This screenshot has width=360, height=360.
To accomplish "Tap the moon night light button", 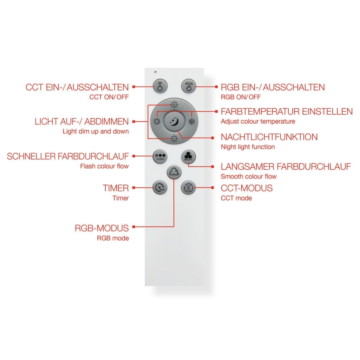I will [x=174, y=121].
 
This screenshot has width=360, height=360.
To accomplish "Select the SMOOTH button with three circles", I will [x=188, y=157].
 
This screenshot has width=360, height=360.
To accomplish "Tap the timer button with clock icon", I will [x=160, y=188].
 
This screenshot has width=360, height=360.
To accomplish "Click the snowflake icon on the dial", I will [x=192, y=122].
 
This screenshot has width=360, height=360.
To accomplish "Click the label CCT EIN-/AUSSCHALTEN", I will [x=77, y=87].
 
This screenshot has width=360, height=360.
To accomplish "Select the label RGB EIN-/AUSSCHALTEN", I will [x=272, y=87].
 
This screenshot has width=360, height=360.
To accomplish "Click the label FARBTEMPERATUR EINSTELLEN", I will [x=287, y=112].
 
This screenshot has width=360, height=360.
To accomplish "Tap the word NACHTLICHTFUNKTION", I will [x=269, y=137].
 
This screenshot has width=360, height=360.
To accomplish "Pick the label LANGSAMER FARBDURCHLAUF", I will [x=286, y=167].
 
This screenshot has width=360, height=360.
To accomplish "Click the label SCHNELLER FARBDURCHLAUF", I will [x=68, y=156].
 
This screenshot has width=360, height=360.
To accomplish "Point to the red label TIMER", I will [x=116, y=188].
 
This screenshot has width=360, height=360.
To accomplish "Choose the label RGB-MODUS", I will [x=102, y=228].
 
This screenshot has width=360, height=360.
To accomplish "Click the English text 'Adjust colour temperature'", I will [x=258, y=122].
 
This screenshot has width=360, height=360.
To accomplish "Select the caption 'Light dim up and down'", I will [x=95, y=131].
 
